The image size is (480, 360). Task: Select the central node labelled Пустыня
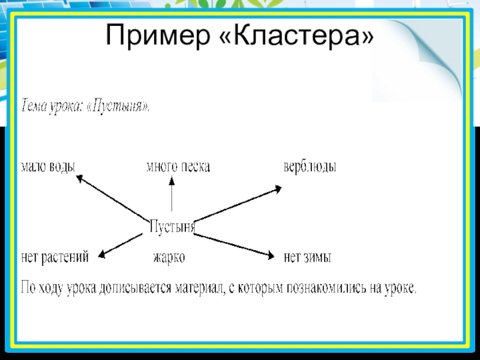click(172, 227)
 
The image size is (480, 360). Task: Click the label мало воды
click(48, 166)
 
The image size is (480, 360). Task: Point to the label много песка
click(178, 166)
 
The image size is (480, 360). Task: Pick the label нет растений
click(55, 257)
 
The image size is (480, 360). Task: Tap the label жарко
click(169, 257)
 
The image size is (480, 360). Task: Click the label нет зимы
click(308, 257)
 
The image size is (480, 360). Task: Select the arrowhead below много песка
click(172, 181)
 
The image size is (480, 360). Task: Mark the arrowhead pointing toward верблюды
click(277, 189)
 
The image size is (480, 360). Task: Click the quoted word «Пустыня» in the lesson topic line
click(121, 106)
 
